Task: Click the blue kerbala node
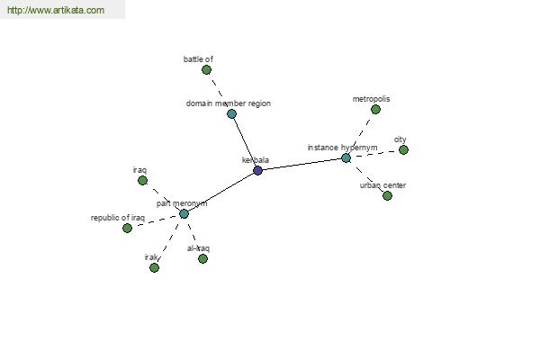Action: point(257,170)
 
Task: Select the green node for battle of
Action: point(206,70)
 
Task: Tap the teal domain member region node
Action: point(232,113)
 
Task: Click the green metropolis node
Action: point(375,110)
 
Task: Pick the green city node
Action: point(403,150)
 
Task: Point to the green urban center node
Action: point(387,195)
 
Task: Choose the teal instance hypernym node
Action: point(346,158)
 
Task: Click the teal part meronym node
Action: point(184,214)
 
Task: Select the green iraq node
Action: point(142,181)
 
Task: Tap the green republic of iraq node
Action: point(128,228)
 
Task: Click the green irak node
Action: point(154,267)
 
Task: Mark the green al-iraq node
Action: point(202,258)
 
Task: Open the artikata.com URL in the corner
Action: point(56,10)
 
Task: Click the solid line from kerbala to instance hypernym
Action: point(302,164)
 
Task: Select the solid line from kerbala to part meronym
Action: point(220,192)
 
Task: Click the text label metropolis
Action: point(371,99)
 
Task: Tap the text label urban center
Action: point(383,185)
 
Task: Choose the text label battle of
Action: point(198,59)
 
